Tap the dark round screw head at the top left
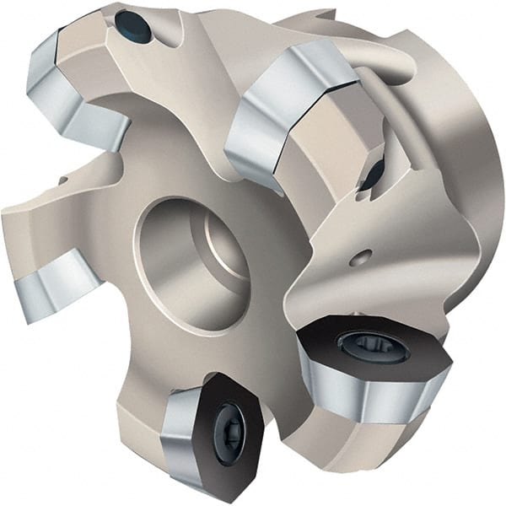pos(135,29)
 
